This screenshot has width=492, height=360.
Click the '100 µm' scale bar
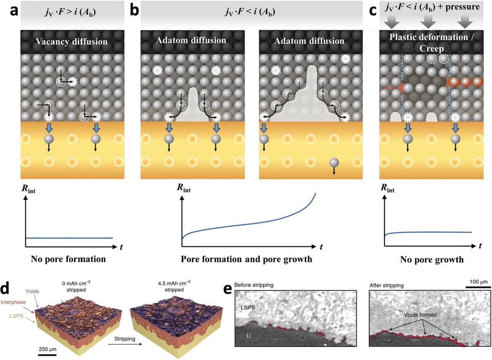point(477,286)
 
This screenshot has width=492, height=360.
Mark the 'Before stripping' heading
point(252,285)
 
